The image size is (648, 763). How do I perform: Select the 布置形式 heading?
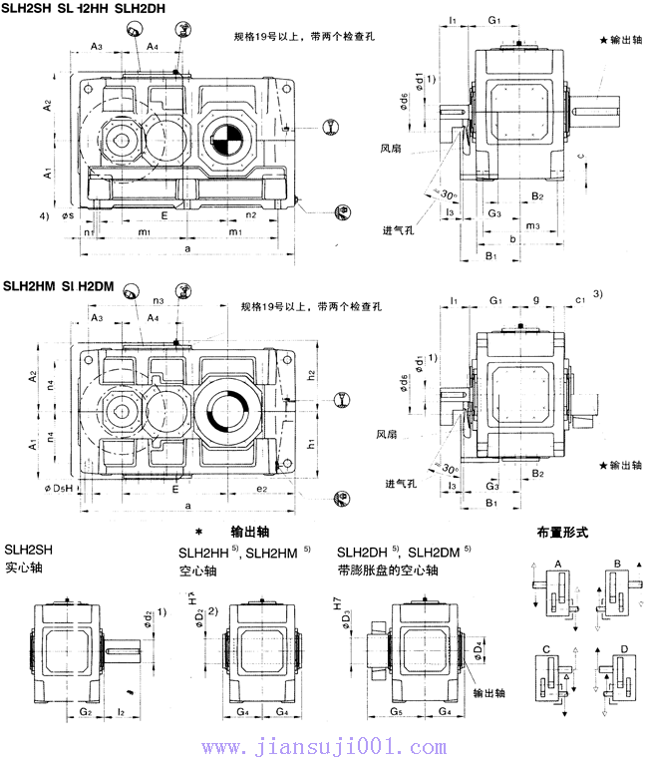[562, 533]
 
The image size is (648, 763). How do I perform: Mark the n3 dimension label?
[159, 299]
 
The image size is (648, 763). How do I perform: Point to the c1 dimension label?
[580, 299]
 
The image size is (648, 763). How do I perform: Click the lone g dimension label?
[536, 299]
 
